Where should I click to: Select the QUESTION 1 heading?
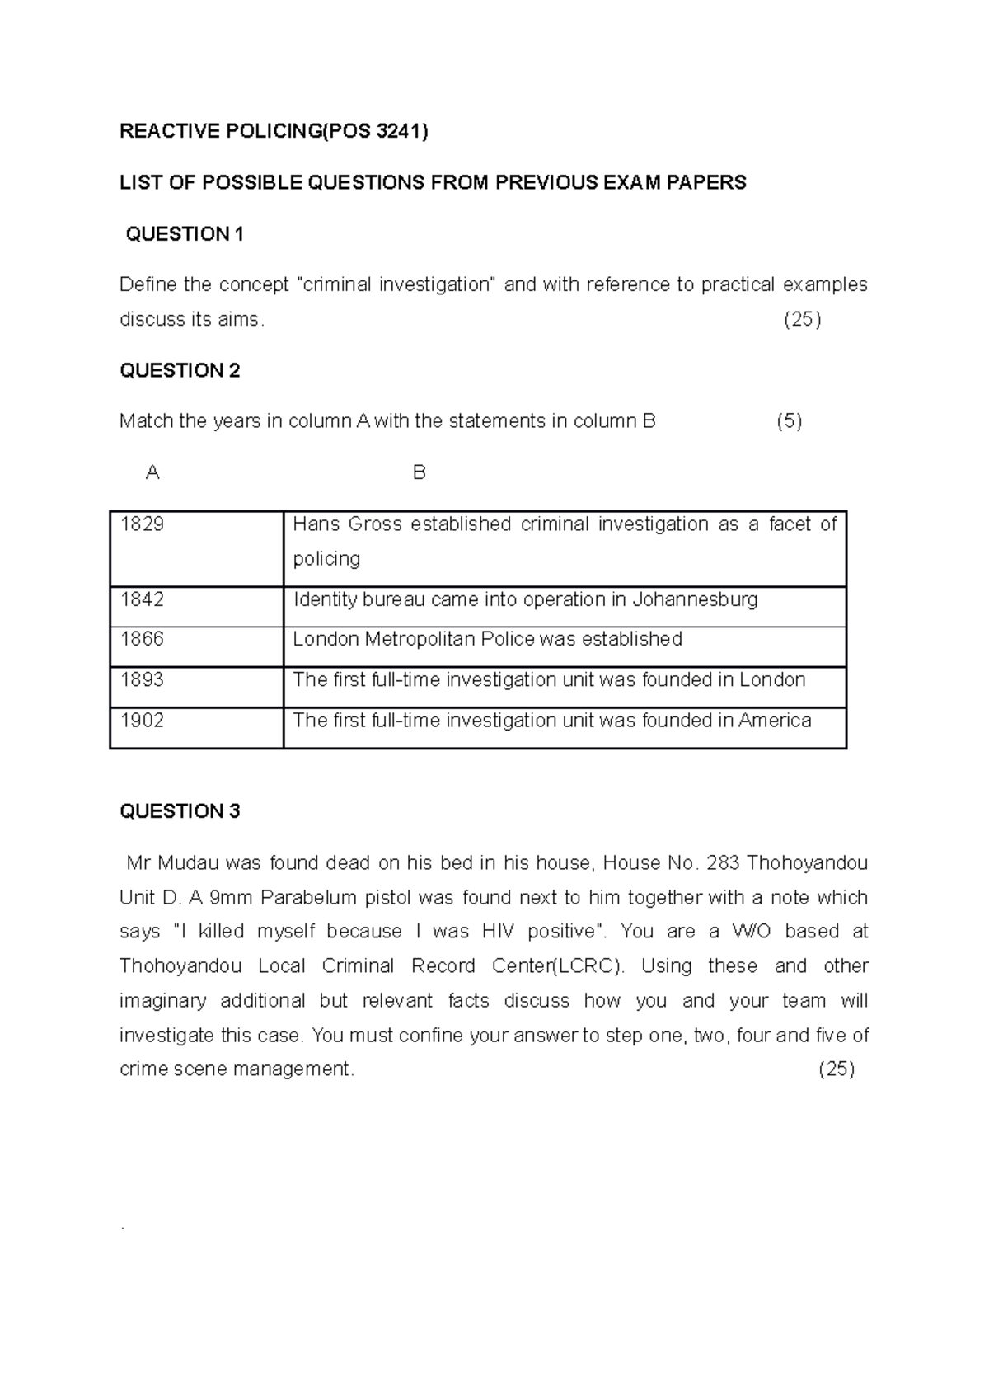pos(184,234)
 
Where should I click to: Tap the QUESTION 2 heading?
pos(180,371)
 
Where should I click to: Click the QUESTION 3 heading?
pos(180,811)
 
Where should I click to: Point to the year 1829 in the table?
pos(142,524)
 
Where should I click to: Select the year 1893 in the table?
pos(142,679)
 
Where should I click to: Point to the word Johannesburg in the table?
pos(695,599)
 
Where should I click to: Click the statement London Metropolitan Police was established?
pos(488,639)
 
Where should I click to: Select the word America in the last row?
pos(775,721)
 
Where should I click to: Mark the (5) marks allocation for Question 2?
pos(789,422)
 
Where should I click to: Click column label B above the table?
pos(419,473)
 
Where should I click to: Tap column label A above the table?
pos(152,473)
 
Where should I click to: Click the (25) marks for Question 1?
pos(801,320)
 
